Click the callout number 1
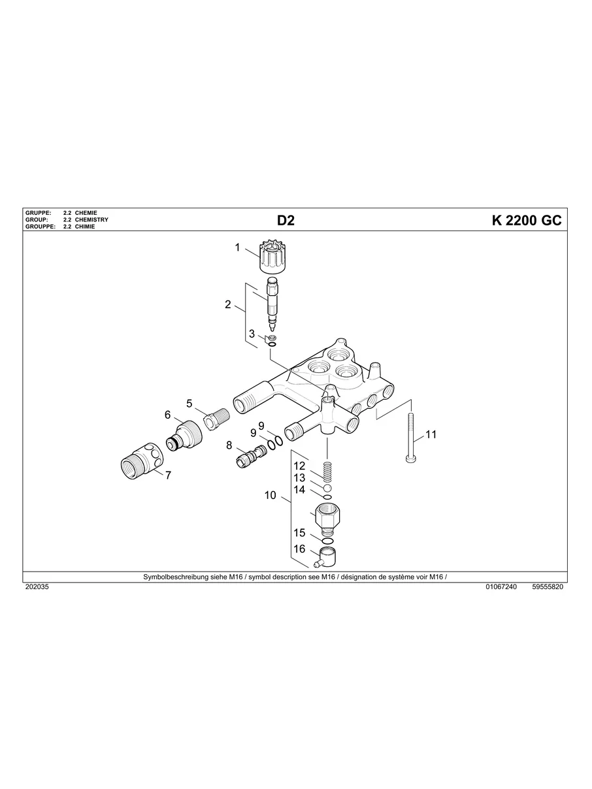[238, 248]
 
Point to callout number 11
[431, 434]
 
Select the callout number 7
[168, 475]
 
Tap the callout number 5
[189, 403]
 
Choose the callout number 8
[229, 445]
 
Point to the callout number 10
[271, 496]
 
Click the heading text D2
[286, 220]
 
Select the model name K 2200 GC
[526, 220]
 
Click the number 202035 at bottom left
[37, 587]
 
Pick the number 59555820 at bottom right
[548, 587]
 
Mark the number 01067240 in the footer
[501, 587]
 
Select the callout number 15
[299, 533]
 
